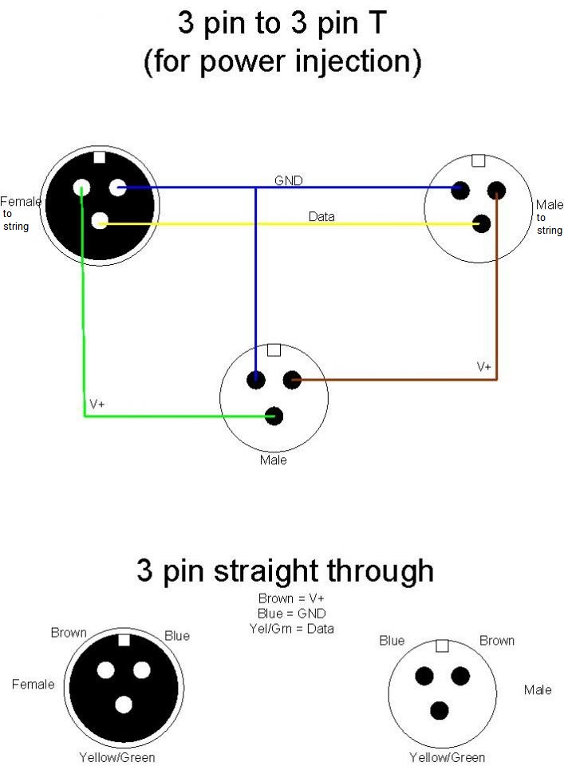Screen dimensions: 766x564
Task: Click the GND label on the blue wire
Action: point(288,181)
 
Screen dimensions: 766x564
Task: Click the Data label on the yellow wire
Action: point(321,216)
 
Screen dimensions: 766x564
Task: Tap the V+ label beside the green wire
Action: point(97,405)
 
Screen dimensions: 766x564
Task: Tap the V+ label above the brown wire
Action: point(484,367)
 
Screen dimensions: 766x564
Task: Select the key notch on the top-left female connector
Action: point(99,157)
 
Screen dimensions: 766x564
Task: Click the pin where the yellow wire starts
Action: point(100,222)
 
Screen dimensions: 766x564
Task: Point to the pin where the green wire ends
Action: point(274,416)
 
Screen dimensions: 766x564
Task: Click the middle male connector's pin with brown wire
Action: point(292,380)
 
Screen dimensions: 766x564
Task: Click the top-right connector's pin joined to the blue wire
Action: point(459,190)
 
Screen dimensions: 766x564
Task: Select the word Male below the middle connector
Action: point(273,460)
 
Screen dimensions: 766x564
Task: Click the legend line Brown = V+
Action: point(291,598)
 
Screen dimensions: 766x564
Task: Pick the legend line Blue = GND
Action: point(291,614)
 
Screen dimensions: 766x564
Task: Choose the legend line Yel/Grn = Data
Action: point(291,629)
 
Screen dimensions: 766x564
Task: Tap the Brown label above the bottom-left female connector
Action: point(69,633)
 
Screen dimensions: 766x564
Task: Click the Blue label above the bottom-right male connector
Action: point(392,641)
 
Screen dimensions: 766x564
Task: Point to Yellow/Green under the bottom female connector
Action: point(117,757)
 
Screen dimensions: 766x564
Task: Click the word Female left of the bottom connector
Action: point(34,685)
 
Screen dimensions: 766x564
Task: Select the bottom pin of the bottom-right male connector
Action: point(440,710)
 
